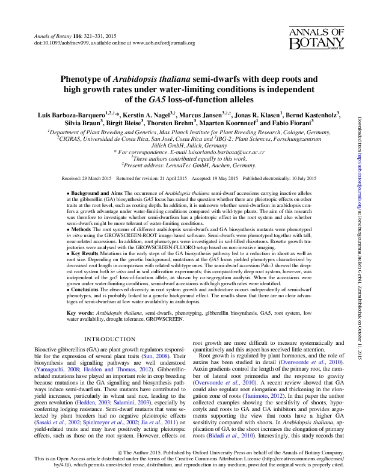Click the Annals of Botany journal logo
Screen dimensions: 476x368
click(318, 38)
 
